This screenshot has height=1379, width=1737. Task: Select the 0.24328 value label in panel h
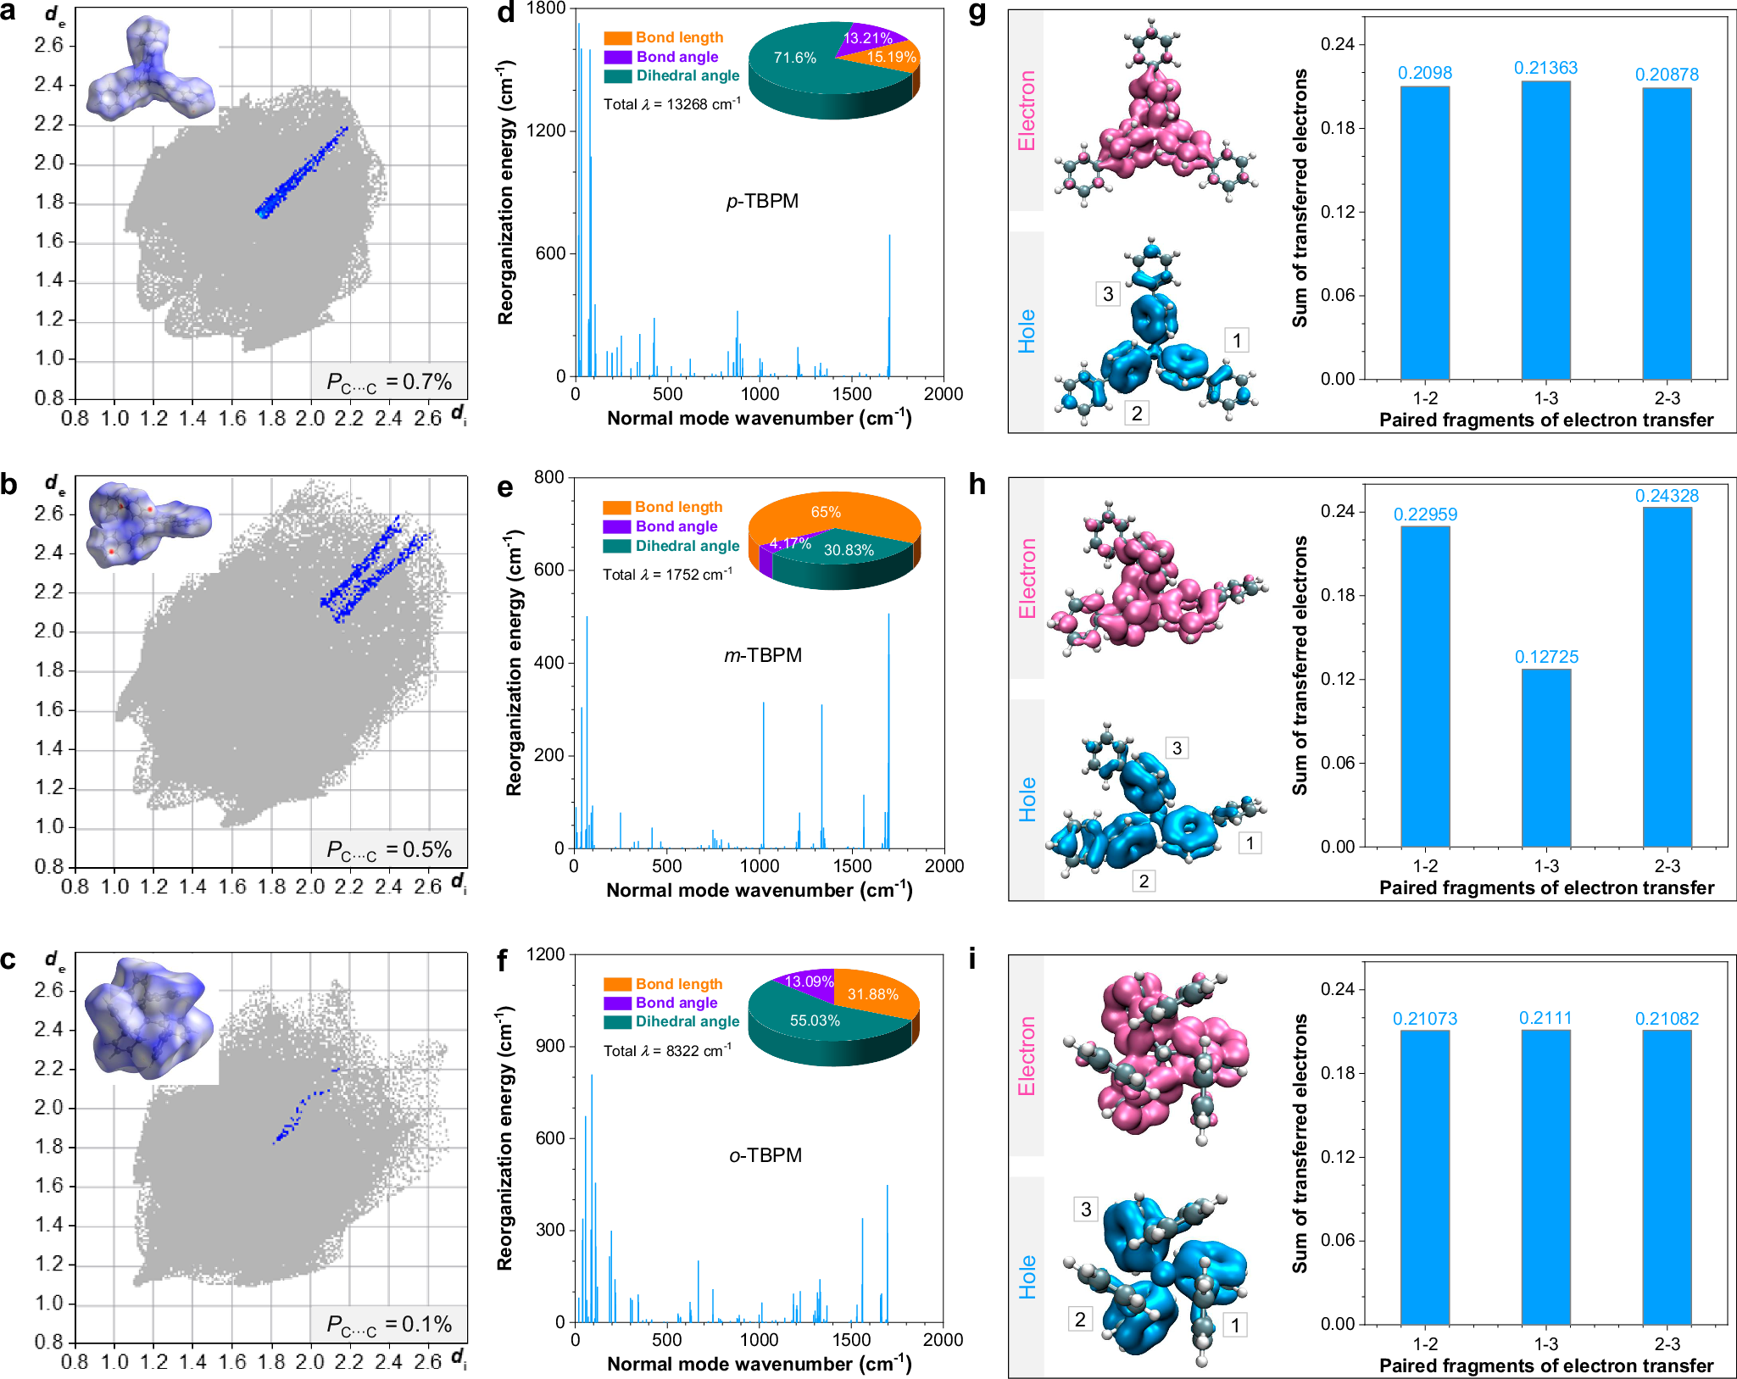[x=1667, y=496]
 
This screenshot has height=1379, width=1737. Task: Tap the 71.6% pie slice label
[x=794, y=58]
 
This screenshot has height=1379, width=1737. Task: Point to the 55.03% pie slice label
[x=815, y=1020]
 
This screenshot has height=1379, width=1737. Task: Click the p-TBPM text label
[x=762, y=201]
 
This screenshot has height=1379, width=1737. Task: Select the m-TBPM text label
[x=762, y=655]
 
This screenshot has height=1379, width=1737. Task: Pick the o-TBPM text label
[x=765, y=1155]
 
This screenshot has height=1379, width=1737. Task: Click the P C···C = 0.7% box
[x=389, y=382]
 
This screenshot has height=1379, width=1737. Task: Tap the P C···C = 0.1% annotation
[x=389, y=1325]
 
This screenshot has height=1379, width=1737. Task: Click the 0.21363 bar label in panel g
[x=1545, y=68]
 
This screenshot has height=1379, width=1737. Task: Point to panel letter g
[x=977, y=14]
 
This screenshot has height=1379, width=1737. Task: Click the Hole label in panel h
[x=1027, y=799]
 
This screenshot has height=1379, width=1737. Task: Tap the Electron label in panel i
[x=1027, y=1056]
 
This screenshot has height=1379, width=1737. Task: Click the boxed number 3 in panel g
[x=1107, y=294]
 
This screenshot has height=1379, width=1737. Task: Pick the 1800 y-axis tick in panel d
[x=546, y=8]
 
